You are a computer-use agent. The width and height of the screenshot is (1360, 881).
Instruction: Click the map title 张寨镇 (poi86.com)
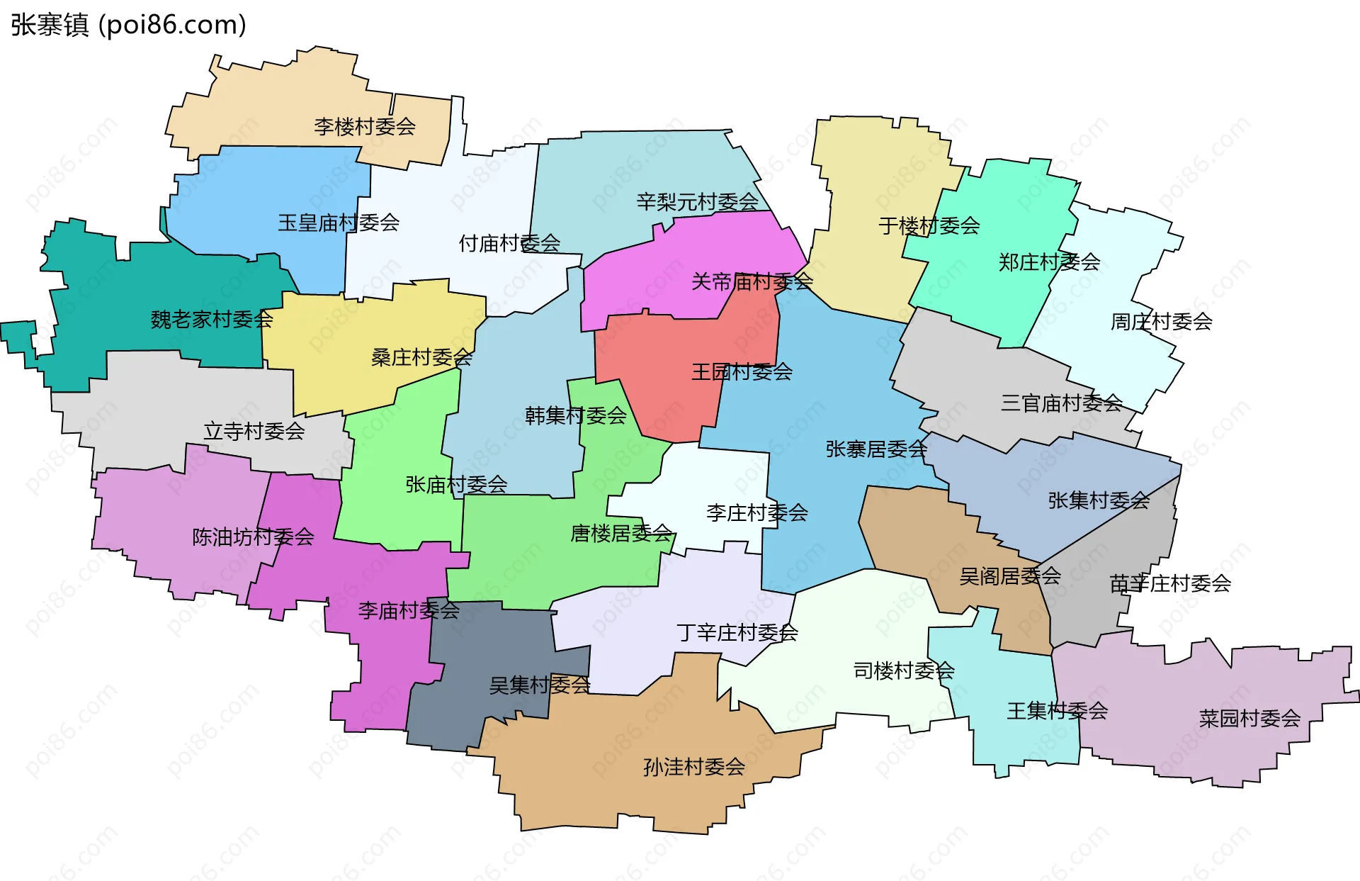pyautogui.click(x=128, y=25)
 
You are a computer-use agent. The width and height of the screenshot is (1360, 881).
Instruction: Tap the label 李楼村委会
pyautogui.click(x=365, y=127)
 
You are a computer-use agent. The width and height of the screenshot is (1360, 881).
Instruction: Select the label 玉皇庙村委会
pyautogui.click(x=339, y=223)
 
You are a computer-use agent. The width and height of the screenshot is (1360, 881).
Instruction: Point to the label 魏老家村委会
pyautogui.click(x=212, y=320)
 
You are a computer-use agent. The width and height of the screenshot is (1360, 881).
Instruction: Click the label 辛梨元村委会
pyautogui.click(x=698, y=202)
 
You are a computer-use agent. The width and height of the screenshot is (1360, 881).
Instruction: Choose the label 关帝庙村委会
pyautogui.click(x=752, y=282)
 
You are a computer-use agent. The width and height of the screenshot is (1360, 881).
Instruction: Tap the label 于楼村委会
pyautogui.click(x=929, y=226)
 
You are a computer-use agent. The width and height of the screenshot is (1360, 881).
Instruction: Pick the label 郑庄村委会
pyautogui.click(x=1049, y=262)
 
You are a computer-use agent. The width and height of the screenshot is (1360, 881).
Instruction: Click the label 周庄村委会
pyautogui.click(x=1162, y=322)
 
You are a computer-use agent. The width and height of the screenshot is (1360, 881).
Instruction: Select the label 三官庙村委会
pyautogui.click(x=1062, y=403)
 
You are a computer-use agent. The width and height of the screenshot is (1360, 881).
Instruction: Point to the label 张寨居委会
pyautogui.click(x=876, y=449)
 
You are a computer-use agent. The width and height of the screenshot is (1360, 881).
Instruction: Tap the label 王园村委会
pyautogui.click(x=742, y=372)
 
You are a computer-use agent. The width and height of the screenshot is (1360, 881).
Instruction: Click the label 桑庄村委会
pyautogui.click(x=421, y=357)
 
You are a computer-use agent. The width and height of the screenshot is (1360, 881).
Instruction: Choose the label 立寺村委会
pyautogui.click(x=254, y=431)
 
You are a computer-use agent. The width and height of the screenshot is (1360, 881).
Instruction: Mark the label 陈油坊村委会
pyautogui.click(x=253, y=537)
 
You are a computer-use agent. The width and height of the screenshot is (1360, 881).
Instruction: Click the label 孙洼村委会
pyautogui.click(x=694, y=767)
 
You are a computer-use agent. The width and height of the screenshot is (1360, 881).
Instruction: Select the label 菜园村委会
pyautogui.click(x=1249, y=719)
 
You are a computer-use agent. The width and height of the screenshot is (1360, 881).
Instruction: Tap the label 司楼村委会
pyautogui.click(x=904, y=670)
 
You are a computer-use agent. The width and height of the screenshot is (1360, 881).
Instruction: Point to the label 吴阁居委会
pyautogui.click(x=1010, y=576)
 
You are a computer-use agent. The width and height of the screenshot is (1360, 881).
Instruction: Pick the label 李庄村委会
pyautogui.click(x=757, y=513)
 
